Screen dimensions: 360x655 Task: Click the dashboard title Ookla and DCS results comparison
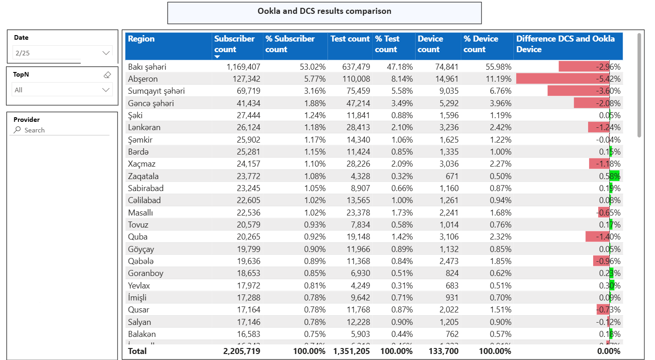click(324, 12)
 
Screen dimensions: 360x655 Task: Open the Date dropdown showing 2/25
click(62, 53)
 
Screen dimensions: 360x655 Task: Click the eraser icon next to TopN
click(107, 74)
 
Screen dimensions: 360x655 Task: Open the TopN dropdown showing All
click(62, 90)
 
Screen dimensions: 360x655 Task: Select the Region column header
click(141, 39)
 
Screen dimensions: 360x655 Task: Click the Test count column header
click(350, 39)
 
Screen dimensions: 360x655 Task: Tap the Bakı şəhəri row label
click(147, 67)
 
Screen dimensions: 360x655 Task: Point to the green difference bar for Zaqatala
click(615, 176)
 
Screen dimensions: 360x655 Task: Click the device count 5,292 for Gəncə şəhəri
click(447, 103)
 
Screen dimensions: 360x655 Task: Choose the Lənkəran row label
click(144, 127)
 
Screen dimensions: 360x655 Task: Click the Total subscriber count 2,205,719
click(241, 351)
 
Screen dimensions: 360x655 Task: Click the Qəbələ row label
click(141, 261)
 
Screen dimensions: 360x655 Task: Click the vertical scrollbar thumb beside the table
click(639, 85)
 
